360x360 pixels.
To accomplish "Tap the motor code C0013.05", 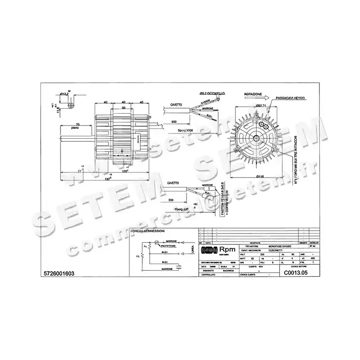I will click(296, 273).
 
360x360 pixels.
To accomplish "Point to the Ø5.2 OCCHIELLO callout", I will click(213, 93).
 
